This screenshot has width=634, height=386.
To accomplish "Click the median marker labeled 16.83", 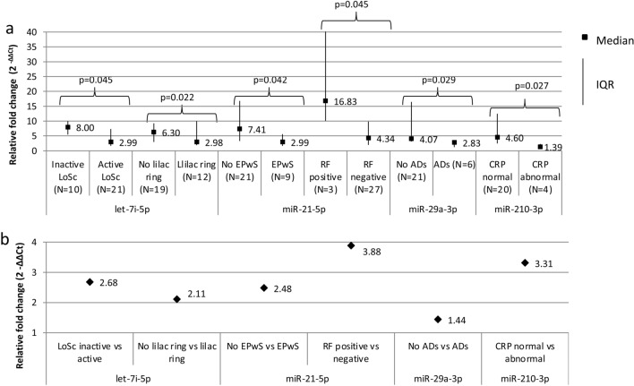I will pos(325,101).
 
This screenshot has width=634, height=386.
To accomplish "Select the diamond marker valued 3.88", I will pos(351,245).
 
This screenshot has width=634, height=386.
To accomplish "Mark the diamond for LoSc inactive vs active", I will pos(90,281).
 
